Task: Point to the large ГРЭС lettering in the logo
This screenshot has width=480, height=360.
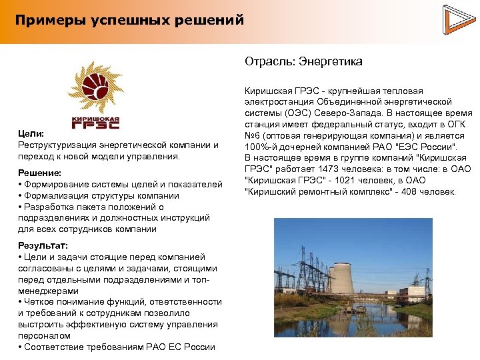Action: (x=95, y=123)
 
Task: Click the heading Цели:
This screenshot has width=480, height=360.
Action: (x=31, y=134)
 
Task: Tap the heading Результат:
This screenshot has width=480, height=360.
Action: (x=44, y=245)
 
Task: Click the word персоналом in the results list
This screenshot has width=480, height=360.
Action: (x=44, y=335)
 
